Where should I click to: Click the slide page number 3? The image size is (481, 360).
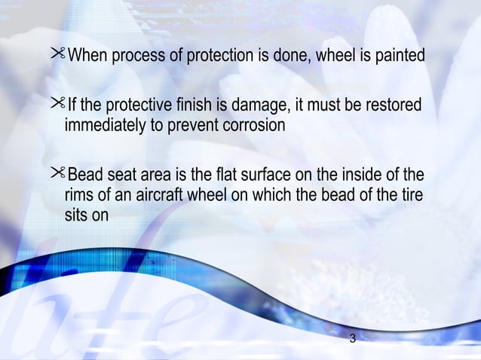[x=353, y=339]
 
